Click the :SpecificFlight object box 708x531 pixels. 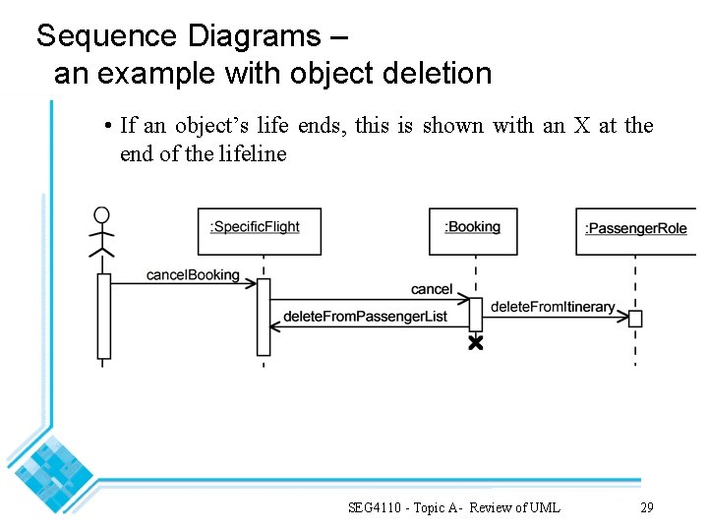[260, 231]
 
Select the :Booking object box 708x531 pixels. [473, 231]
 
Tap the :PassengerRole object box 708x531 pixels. [636, 231]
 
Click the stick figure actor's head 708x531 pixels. [101, 215]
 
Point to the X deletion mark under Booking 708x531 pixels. [476, 342]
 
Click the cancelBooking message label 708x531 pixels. [193, 274]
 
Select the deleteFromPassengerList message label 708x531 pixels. [365, 317]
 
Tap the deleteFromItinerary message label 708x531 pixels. [553, 307]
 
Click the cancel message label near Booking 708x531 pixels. [432, 289]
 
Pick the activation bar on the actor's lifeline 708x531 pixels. [103, 316]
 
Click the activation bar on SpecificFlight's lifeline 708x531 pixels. [264, 317]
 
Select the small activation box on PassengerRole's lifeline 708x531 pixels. [635, 319]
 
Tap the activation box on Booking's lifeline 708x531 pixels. [476, 315]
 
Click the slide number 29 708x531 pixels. [646, 507]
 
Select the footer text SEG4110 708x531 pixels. [379, 507]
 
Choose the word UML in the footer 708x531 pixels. [544, 507]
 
